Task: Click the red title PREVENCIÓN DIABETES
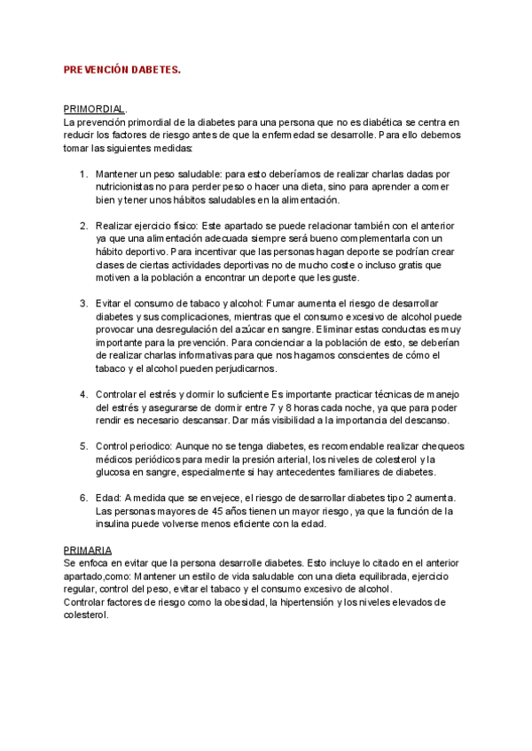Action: click(122, 69)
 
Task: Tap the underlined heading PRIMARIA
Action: click(88, 550)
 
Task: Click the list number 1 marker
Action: click(84, 174)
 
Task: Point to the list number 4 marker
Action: click(84, 394)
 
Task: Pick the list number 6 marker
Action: click(84, 498)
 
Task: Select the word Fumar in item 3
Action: click(279, 304)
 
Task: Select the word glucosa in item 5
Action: click(114, 472)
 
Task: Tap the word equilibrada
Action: click(349, 576)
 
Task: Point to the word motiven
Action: click(114, 277)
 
